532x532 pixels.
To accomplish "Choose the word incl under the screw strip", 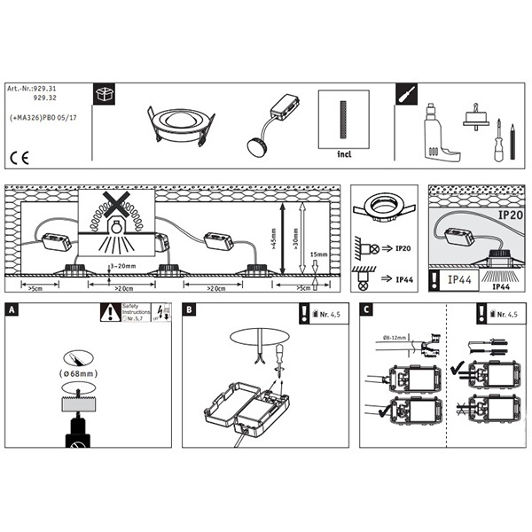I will (x=346, y=153).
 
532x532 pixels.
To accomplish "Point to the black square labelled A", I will (x=12, y=310).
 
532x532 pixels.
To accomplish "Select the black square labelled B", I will (x=190, y=310).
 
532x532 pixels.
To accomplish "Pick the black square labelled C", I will (x=368, y=310).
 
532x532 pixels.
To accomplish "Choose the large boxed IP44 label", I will (x=459, y=280).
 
